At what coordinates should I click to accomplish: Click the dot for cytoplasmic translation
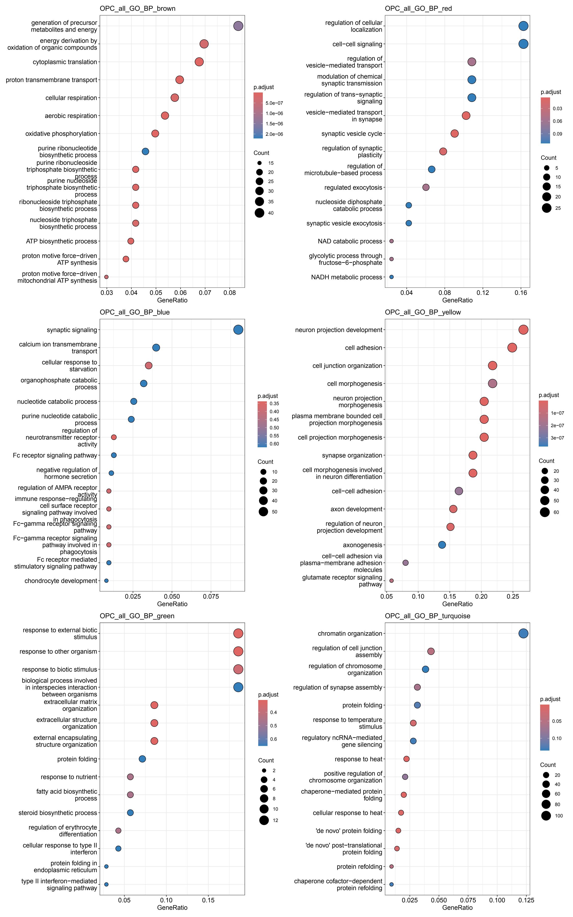(199, 62)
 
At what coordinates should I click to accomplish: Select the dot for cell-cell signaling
(523, 44)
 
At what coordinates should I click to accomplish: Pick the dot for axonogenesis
(442, 545)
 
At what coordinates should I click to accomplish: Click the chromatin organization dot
(523, 633)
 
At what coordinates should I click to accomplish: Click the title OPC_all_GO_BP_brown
(138, 8)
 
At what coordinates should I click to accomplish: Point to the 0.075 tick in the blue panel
(211, 596)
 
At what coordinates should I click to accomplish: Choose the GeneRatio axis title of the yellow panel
(457, 604)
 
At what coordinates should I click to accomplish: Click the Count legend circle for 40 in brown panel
(259, 213)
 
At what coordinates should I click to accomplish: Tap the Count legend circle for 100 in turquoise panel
(546, 816)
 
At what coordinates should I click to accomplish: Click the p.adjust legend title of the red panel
(551, 92)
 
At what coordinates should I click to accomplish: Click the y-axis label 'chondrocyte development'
(61, 581)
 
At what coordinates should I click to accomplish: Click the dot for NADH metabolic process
(391, 277)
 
